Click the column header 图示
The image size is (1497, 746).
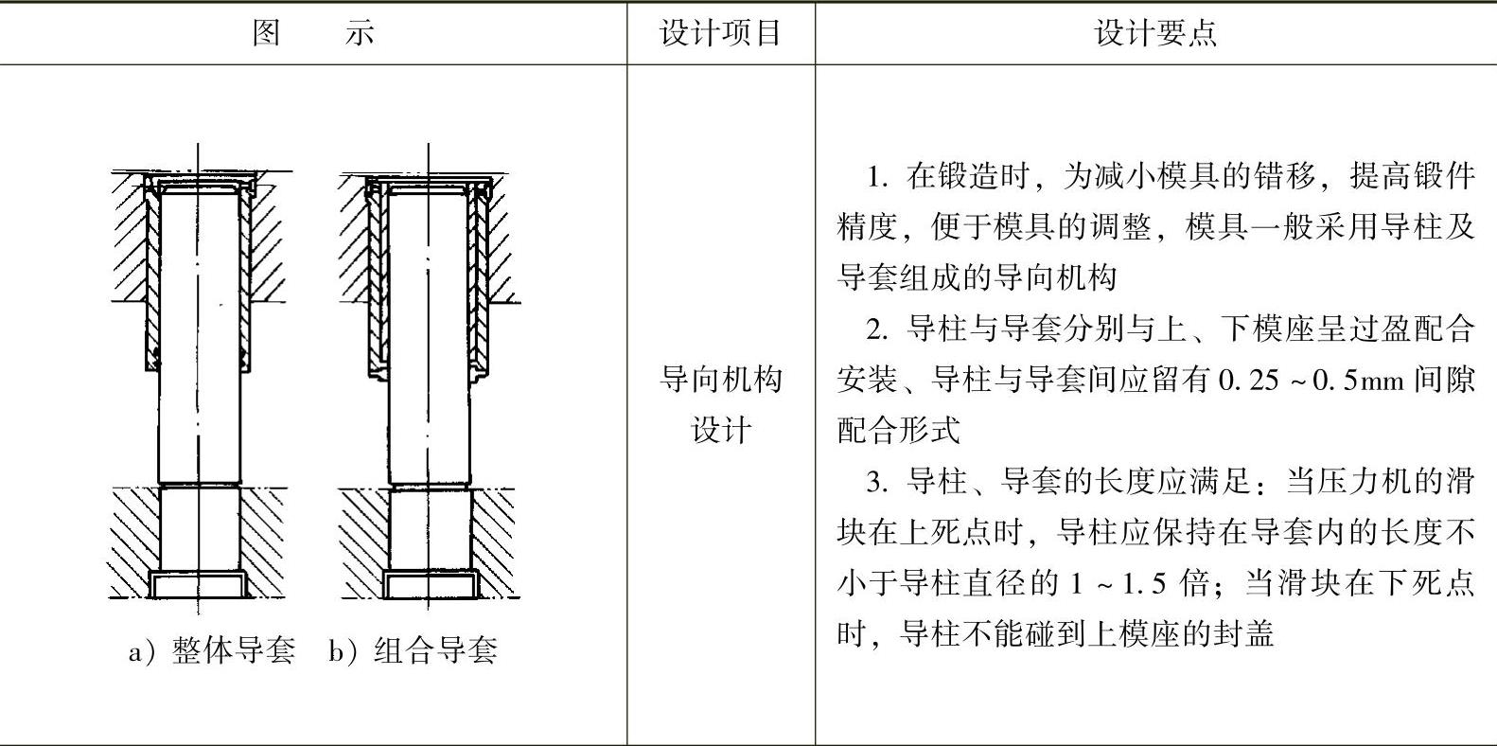(x=313, y=33)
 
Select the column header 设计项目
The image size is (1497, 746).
(x=720, y=33)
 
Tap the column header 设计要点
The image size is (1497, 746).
(x=1155, y=33)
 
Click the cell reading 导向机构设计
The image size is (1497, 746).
(x=720, y=404)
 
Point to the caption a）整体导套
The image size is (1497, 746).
(x=212, y=650)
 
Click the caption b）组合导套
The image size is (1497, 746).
(x=413, y=650)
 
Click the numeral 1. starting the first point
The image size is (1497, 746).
(x=878, y=177)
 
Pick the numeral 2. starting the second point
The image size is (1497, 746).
(x=878, y=329)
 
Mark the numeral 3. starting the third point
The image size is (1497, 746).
(x=878, y=482)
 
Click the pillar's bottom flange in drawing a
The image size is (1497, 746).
(x=198, y=584)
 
